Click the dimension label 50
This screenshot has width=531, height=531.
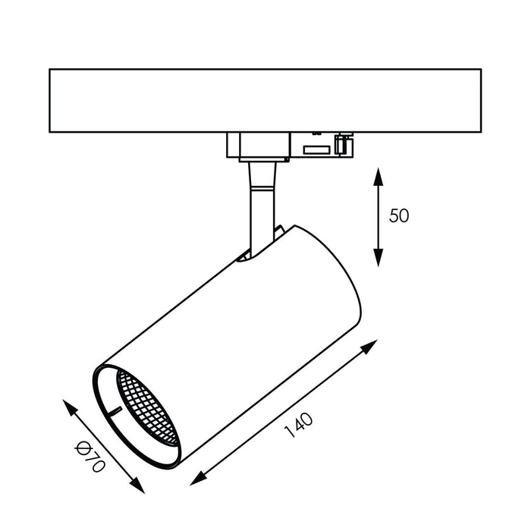tap(399, 215)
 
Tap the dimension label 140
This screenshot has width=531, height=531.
tap(299, 426)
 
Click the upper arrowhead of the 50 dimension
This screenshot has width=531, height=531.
tap(379, 176)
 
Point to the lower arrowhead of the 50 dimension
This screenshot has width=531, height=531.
tap(379, 257)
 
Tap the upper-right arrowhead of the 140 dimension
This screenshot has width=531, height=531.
tap(369, 347)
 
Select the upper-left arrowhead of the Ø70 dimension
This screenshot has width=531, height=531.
tap(70, 407)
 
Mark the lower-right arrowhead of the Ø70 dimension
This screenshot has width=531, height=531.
tap(138, 485)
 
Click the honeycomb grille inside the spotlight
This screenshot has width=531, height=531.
tap(146, 407)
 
